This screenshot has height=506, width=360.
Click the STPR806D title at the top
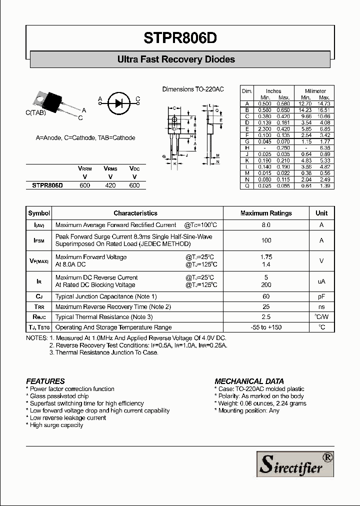click(180, 39)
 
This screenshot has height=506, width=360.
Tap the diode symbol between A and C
click(118, 103)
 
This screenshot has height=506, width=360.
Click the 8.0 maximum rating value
click(266, 225)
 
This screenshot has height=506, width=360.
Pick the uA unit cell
click(321, 281)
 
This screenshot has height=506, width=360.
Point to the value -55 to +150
click(266, 327)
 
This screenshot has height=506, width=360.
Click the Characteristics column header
click(135, 213)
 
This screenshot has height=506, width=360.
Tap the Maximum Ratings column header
click(266, 213)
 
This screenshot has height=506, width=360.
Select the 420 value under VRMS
click(110, 185)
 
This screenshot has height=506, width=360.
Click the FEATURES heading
click(45, 381)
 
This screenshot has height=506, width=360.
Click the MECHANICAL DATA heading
click(249, 381)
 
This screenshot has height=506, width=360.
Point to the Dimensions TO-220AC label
click(193, 89)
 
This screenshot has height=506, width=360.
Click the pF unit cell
click(321, 297)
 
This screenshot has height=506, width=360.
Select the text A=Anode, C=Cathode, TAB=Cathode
click(85, 138)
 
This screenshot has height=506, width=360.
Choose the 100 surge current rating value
click(266, 240)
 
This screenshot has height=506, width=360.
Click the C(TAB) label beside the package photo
click(35, 113)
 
